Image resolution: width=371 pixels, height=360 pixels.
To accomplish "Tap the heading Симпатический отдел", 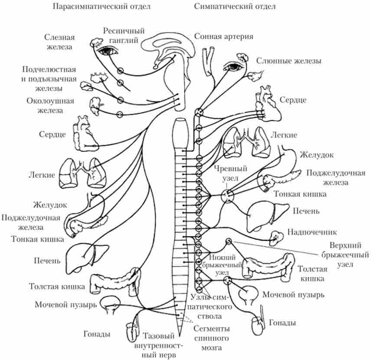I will (235, 7).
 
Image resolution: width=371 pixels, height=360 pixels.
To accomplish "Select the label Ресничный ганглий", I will (124, 36).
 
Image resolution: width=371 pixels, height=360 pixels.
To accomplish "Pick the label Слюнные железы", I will (289, 61).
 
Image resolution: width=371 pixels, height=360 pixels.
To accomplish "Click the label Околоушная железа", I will (56, 106).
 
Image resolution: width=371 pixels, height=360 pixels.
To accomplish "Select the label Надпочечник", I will (312, 232).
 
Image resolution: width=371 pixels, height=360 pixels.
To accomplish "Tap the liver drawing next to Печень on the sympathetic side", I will (261, 214).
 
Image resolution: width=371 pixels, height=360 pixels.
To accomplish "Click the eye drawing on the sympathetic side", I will (236, 67).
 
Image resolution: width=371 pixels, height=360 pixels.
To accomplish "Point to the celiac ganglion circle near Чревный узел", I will (227, 196).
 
